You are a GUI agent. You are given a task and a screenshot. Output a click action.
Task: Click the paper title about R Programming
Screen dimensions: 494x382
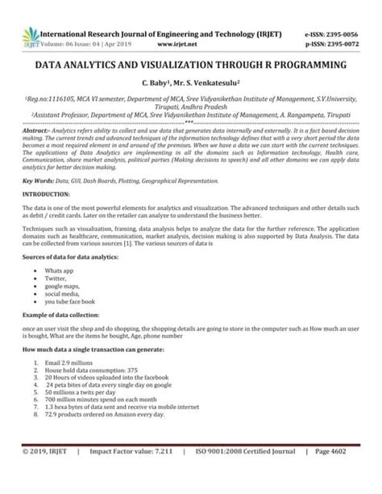point(190,64)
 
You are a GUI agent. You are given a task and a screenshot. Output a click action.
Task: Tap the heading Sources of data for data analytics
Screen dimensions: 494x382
point(72,255)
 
